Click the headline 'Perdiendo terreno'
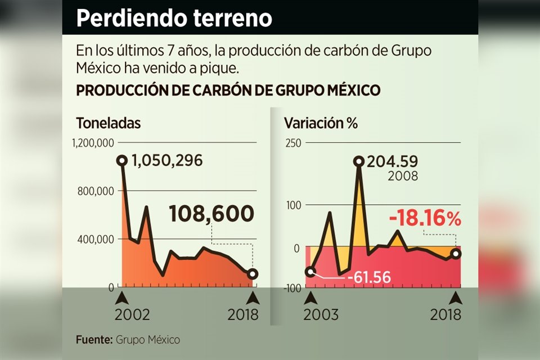pos(174,18)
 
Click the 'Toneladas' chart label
pos(108,123)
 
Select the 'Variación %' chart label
pos(321,123)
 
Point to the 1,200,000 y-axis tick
pos(94,143)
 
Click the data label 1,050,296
pos(167,161)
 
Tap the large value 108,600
pos(211,214)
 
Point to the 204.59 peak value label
pos(392,161)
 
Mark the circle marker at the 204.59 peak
pos(359,161)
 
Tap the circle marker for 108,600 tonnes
pos(253,274)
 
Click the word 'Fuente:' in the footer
pos(94,340)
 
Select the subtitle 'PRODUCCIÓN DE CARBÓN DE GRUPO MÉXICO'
pos(228,91)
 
